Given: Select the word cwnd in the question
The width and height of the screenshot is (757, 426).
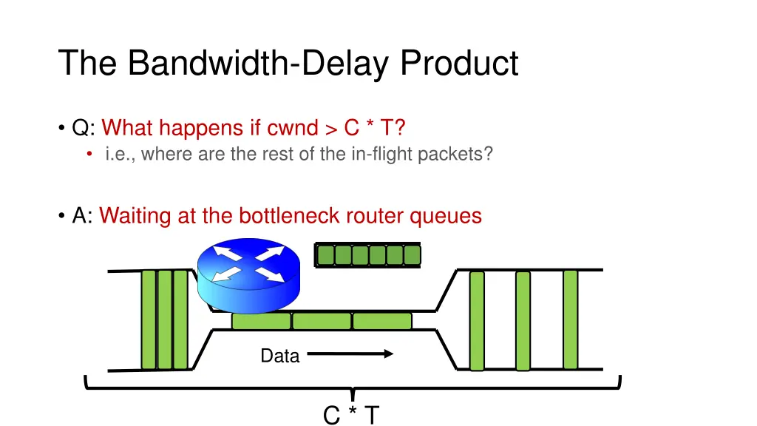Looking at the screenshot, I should (289, 128).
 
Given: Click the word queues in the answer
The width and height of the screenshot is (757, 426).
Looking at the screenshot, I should (446, 216).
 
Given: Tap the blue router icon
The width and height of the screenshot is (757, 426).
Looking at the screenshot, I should (250, 274).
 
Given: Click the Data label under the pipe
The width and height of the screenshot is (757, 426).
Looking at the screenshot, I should (279, 356).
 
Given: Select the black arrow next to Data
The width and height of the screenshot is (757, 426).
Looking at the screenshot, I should (350, 354).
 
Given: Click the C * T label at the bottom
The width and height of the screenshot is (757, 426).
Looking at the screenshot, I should (351, 416).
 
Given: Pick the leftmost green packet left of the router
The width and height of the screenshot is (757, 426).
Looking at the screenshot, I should (149, 319).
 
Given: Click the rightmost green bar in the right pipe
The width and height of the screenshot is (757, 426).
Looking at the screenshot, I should (570, 319).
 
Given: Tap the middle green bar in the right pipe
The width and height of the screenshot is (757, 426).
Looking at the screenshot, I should (523, 320).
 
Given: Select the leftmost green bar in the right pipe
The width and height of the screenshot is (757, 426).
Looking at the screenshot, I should (477, 320).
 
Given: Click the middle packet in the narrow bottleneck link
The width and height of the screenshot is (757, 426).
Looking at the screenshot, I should (322, 321).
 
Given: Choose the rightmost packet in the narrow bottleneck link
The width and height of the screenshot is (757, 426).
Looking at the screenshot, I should (382, 321).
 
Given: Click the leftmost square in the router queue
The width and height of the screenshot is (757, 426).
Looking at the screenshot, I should (325, 255).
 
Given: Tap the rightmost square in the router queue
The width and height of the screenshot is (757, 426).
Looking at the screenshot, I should (412, 255).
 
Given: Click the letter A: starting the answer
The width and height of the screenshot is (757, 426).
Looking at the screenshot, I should (82, 216).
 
